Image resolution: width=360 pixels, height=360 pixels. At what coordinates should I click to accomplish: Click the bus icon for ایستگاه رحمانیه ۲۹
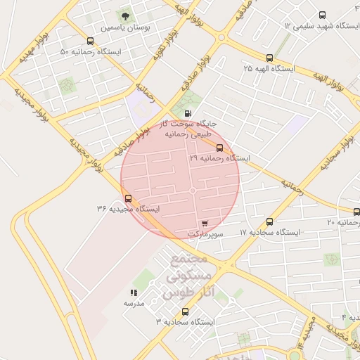pyautogui.click(x=220, y=148)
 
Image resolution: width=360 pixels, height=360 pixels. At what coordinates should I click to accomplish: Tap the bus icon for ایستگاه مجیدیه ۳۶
pyautogui.click(x=127, y=198)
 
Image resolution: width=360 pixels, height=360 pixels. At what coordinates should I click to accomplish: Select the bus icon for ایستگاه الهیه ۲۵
pyautogui.click(x=269, y=58)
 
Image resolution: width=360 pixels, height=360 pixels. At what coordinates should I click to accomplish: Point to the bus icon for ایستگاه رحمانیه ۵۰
pyautogui.click(x=89, y=41)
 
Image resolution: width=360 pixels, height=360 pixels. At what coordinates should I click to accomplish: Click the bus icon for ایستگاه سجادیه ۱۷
pyautogui.click(x=270, y=221)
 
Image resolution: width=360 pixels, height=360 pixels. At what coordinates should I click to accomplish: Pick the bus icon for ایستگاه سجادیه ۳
pyautogui.click(x=185, y=311)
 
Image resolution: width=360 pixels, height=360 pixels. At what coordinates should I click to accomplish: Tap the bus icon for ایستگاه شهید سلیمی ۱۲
pyautogui.click(x=322, y=15)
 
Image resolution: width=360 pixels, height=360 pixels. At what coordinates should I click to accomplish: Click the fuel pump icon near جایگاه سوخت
pyautogui.click(x=187, y=113)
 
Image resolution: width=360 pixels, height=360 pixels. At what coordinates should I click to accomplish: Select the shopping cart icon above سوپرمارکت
pyautogui.click(x=205, y=223)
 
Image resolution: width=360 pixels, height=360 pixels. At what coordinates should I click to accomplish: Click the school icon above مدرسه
pyautogui.click(x=134, y=292)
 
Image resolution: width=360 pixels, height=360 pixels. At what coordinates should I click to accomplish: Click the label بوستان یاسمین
pyautogui.click(x=124, y=28)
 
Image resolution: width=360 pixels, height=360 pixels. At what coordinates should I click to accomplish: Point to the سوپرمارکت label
pyautogui.click(x=205, y=233)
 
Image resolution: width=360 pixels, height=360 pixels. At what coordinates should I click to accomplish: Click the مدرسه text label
pyautogui.click(x=134, y=303)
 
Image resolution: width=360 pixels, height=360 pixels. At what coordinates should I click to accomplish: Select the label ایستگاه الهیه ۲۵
pyautogui.click(x=269, y=69)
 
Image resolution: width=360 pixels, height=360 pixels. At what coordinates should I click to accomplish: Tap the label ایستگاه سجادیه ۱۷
pyautogui.click(x=270, y=232)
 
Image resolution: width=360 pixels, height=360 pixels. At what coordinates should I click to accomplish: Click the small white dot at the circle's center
pyautogui.click(x=192, y=191)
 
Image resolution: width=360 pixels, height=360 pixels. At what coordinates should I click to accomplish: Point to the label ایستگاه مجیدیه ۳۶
pyautogui.click(x=128, y=209)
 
